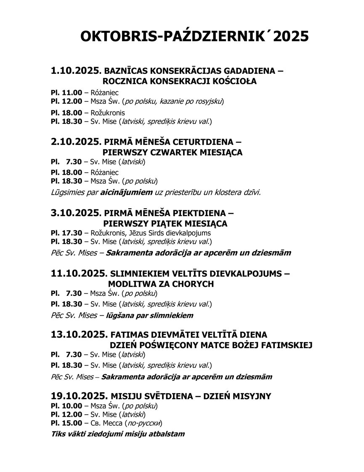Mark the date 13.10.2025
[77, 335]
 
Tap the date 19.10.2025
[77, 396]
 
